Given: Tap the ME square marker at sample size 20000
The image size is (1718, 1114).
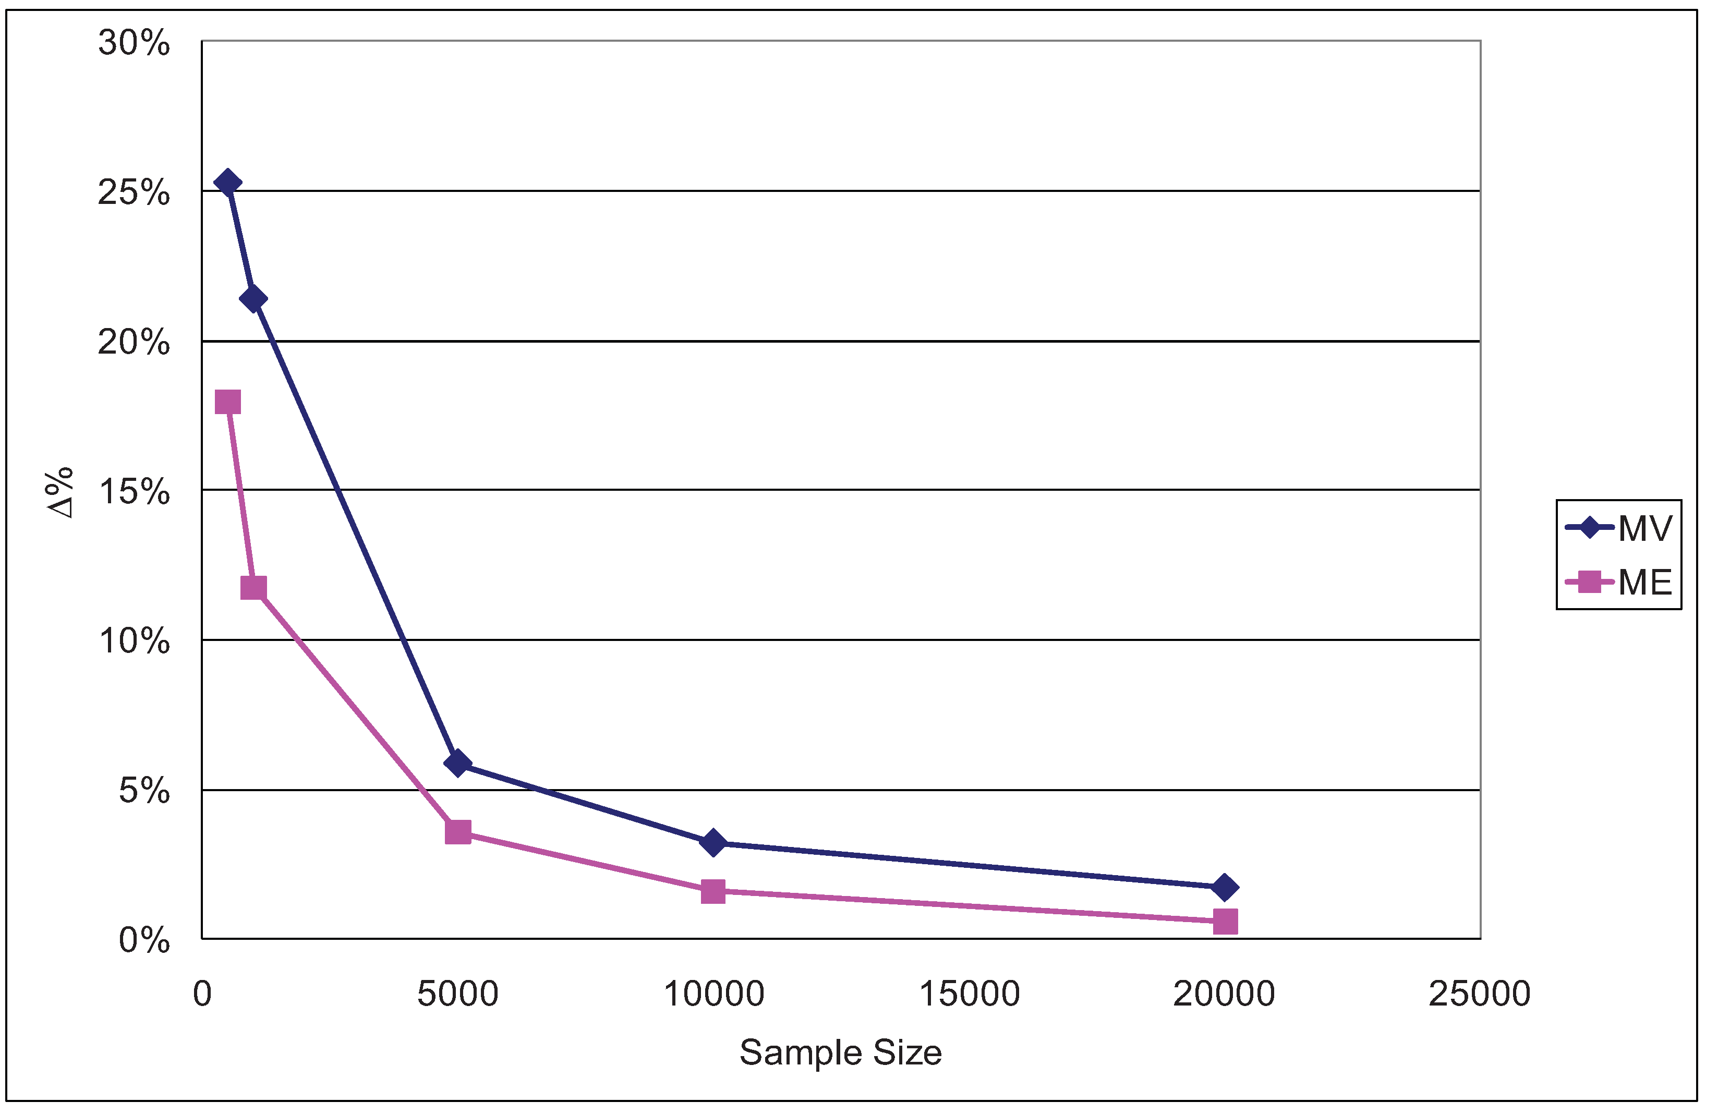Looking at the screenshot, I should (x=1225, y=921).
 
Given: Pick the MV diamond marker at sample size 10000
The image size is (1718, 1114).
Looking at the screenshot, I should (x=713, y=842).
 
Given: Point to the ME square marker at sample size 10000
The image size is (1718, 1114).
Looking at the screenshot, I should (x=713, y=891).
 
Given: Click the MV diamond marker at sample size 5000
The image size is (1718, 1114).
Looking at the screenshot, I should (x=457, y=763).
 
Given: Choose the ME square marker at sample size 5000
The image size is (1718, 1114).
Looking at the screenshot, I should (x=457, y=832).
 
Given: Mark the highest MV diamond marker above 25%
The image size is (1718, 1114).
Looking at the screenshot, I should (x=228, y=183).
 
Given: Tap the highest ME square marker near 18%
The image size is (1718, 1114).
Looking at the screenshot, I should (x=228, y=402).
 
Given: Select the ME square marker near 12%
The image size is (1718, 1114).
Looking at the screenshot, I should (x=253, y=588).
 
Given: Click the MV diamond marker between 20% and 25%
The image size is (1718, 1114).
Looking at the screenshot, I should (x=253, y=298).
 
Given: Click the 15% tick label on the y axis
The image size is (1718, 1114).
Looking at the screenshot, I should (x=134, y=492).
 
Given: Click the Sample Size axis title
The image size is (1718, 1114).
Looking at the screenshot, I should (x=840, y=1052).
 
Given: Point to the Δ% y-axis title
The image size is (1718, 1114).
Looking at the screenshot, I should (x=61, y=492).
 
